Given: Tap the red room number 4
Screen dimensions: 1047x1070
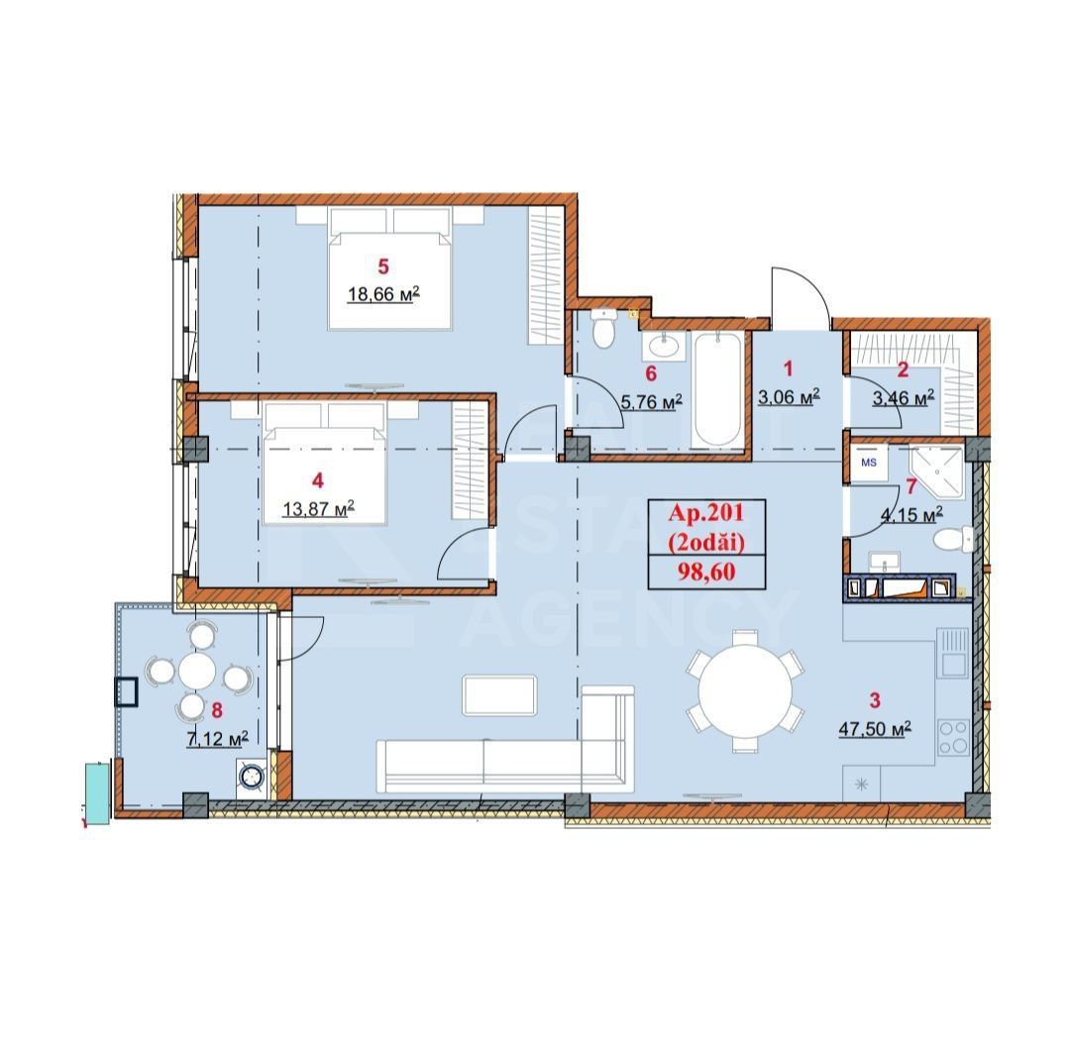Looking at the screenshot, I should (317, 480).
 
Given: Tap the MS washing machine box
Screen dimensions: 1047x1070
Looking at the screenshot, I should (868, 463).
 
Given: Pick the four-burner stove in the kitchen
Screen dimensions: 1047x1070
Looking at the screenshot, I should (953, 736).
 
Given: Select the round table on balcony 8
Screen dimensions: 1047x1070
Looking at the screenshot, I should (198, 671).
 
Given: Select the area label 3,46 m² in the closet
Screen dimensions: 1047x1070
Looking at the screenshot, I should (904, 398).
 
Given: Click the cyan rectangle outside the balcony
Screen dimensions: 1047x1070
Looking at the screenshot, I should (98, 788).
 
